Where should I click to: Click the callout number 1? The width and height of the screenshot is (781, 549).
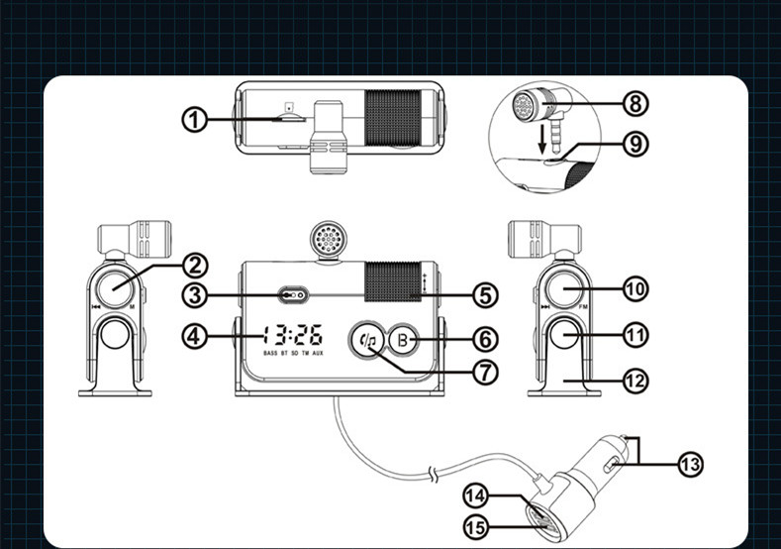195,121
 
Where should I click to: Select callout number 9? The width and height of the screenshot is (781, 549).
634,144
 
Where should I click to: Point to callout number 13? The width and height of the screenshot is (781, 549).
691,463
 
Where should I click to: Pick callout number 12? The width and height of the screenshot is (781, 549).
635,379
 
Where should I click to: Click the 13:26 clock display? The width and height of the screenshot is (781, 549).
292,335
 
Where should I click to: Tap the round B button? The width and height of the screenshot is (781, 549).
402,339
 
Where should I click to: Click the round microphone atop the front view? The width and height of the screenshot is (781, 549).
326,239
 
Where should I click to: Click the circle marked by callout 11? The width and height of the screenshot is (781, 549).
564,336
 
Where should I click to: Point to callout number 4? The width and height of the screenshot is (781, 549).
196,336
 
